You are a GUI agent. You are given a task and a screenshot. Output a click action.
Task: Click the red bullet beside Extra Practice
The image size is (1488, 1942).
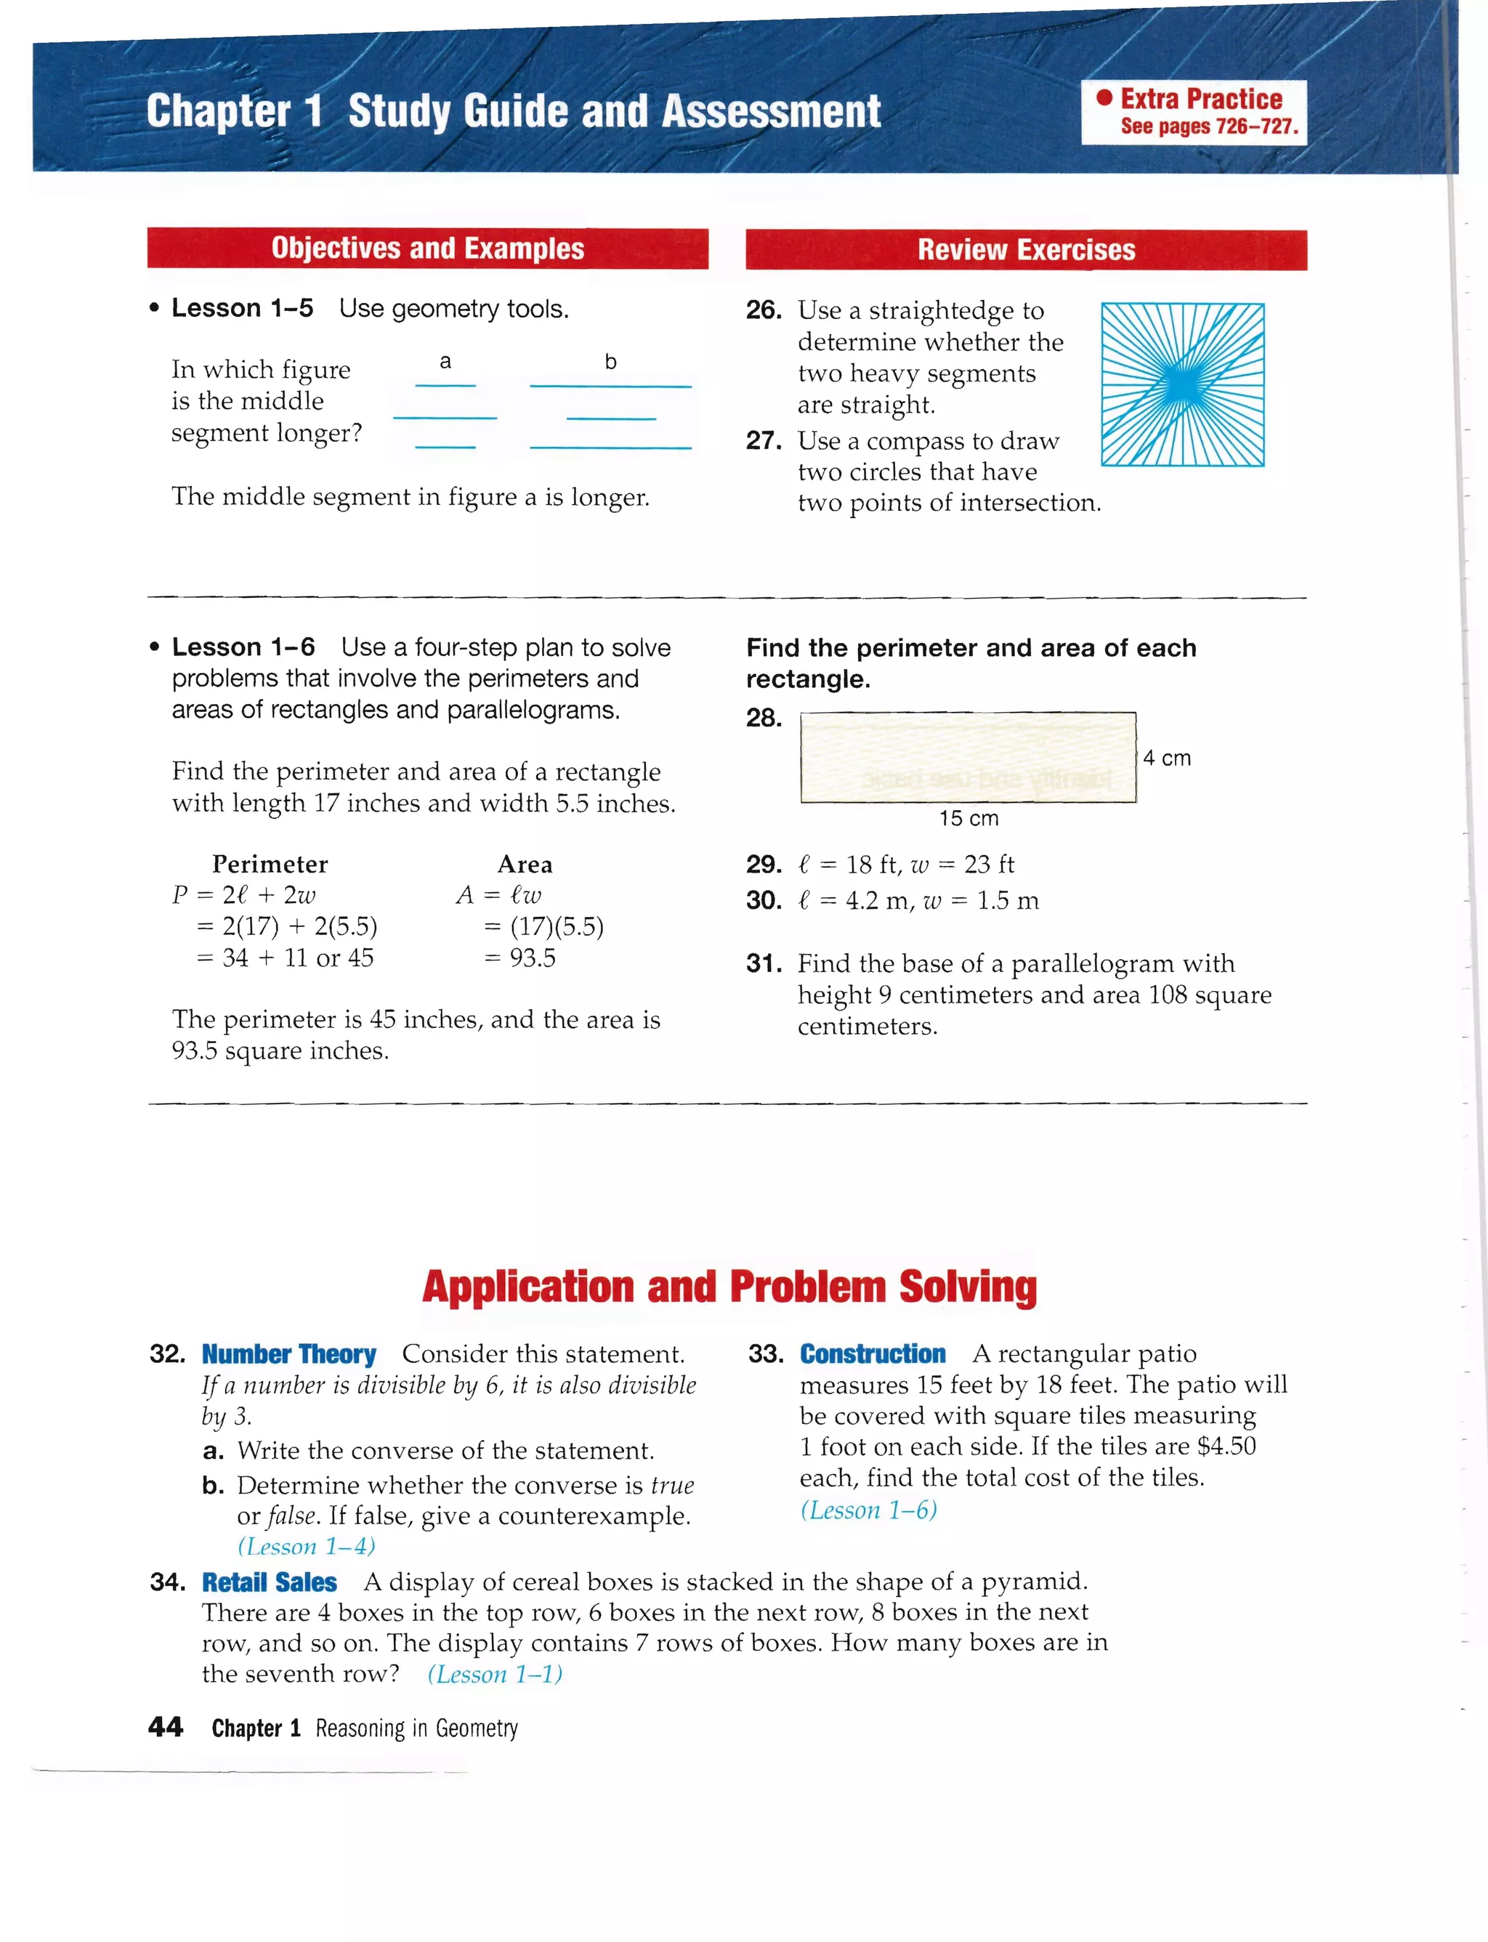(1104, 98)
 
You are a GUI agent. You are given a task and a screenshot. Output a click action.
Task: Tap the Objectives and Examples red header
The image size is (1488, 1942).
(428, 248)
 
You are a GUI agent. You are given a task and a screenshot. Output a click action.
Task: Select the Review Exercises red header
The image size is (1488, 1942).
(1026, 250)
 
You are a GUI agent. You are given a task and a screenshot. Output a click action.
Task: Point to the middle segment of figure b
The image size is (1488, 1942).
(611, 418)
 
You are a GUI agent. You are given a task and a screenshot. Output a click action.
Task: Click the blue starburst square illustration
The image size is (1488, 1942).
(1182, 384)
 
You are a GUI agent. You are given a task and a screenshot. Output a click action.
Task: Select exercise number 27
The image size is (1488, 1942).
(764, 440)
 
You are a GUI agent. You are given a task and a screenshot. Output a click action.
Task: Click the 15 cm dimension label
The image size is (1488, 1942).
(969, 818)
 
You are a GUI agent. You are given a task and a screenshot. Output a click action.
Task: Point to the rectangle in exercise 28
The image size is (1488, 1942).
(968, 757)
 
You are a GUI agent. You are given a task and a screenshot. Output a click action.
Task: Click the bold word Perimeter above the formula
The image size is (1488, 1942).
(270, 865)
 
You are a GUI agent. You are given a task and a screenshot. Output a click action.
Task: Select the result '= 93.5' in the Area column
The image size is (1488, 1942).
(521, 958)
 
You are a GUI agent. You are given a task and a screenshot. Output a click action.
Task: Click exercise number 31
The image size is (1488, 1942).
(764, 963)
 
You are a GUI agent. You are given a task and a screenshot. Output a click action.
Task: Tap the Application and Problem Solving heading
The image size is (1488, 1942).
(729, 1287)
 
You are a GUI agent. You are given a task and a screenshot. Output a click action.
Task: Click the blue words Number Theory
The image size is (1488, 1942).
(288, 1354)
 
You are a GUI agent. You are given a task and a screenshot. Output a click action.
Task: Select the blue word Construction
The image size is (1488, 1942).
(873, 1354)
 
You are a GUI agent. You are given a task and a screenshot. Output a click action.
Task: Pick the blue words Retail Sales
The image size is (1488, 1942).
(270, 1582)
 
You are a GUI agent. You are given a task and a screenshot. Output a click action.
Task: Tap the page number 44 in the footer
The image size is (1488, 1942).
(166, 1727)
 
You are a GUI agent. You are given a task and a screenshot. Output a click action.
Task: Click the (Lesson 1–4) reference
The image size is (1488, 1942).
(307, 1546)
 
